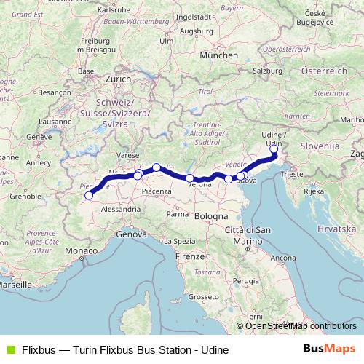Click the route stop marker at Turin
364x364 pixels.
click(x=90, y=195)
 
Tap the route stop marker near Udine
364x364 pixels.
click(x=274, y=149)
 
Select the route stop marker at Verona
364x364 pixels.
click(x=190, y=178)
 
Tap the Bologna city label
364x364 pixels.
click(x=210, y=216)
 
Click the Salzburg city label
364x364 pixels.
click(x=268, y=71)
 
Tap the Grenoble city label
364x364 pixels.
click(x=25, y=197)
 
